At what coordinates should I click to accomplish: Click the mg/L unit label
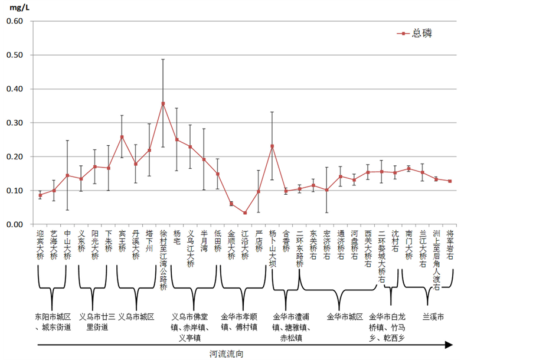tap(15, 8)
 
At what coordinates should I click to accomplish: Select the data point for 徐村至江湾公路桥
tap(163, 103)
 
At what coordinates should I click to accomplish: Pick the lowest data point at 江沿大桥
tap(245, 213)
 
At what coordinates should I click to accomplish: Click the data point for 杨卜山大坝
tap(272, 146)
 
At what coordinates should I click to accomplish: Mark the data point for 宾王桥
tap(122, 137)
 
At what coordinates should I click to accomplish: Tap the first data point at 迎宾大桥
tap(40, 195)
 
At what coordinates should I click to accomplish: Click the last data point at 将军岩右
tap(450, 181)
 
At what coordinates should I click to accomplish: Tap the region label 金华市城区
tap(345, 316)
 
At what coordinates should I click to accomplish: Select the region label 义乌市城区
tap(136, 316)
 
